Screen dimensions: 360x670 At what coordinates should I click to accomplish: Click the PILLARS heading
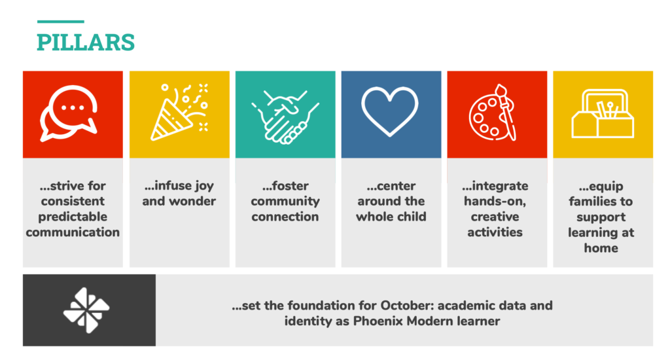[85, 42]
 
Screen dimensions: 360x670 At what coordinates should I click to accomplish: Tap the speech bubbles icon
[71, 116]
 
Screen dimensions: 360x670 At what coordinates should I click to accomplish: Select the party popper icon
[179, 113]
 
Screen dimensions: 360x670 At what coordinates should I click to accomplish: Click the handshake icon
[285, 117]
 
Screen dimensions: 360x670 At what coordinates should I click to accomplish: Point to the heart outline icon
[391, 112]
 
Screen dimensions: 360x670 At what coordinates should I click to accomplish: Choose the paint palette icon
[496, 113]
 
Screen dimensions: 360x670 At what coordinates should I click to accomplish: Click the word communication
[73, 232]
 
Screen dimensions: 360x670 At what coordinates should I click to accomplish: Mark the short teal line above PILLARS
[60, 22]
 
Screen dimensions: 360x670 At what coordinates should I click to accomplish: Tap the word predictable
[73, 217]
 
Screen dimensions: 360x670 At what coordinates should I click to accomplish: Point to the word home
[602, 248]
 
